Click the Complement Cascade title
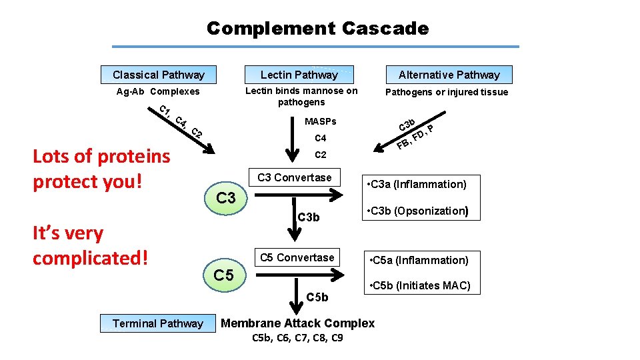(x=317, y=29)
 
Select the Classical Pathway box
(x=158, y=75)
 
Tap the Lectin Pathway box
(x=299, y=75)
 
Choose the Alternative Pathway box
(x=449, y=75)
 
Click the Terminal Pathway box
(x=157, y=323)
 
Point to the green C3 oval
(x=227, y=198)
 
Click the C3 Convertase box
(x=294, y=177)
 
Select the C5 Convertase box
(x=297, y=257)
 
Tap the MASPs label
(x=320, y=122)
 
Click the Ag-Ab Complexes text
(x=158, y=92)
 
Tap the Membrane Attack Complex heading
(x=297, y=323)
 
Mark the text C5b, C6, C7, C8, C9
(x=297, y=338)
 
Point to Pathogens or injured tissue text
(x=447, y=92)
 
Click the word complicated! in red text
(x=90, y=257)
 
